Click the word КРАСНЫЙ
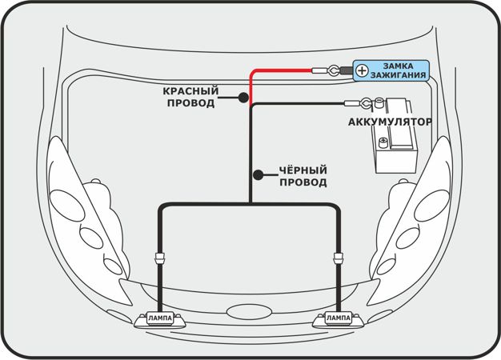click(x=190, y=90)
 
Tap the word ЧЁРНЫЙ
click(x=303, y=170)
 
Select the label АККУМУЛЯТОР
click(x=390, y=122)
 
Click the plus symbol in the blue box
click(x=363, y=70)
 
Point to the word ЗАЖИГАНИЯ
click(x=399, y=75)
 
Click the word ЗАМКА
click(x=399, y=65)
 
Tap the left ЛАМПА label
click(x=160, y=318)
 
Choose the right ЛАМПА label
click(x=338, y=318)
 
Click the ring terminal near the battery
click(x=363, y=102)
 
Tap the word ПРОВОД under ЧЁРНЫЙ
click(x=303, y=182)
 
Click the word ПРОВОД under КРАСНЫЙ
click(x=190, y=103)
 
